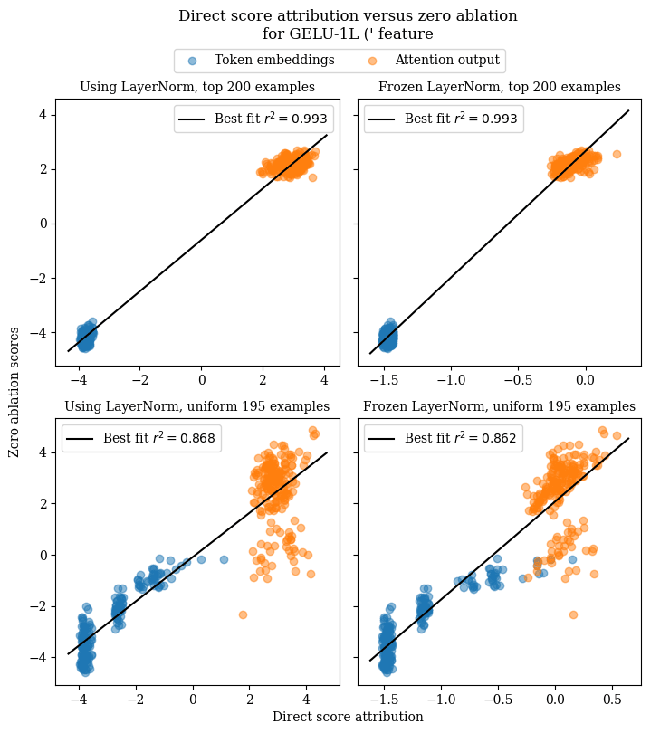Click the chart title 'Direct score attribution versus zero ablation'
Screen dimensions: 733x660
point(348,16)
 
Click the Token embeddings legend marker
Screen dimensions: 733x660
point(192,61)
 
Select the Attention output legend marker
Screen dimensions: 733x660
point(373,61)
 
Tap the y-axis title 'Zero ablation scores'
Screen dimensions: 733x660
point(14,391)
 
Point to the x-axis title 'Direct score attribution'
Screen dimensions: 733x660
point(348,717)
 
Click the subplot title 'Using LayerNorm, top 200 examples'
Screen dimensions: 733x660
point(197,88)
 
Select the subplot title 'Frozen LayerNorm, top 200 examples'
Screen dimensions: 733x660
point(499,88)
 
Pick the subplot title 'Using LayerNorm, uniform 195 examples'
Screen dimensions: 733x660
point(197,406)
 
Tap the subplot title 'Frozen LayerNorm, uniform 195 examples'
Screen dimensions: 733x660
point(499,406)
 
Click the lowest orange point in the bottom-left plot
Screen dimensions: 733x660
point(243,614)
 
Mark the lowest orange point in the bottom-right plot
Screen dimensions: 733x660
point(573,614)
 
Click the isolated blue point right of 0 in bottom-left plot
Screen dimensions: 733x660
point(224,559)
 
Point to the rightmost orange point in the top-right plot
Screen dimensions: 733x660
point(617,154)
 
